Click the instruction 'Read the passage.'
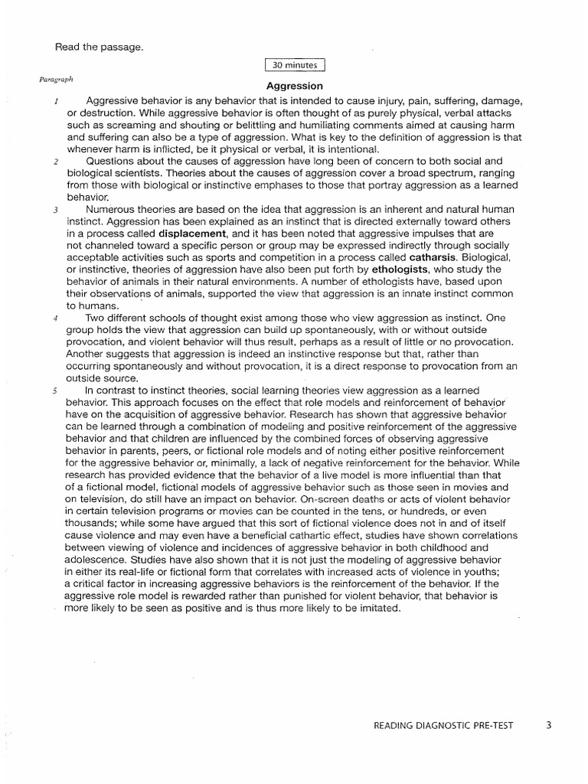coord(99,47)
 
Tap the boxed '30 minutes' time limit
coord(294,67)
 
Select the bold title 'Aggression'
coord(294,87)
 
